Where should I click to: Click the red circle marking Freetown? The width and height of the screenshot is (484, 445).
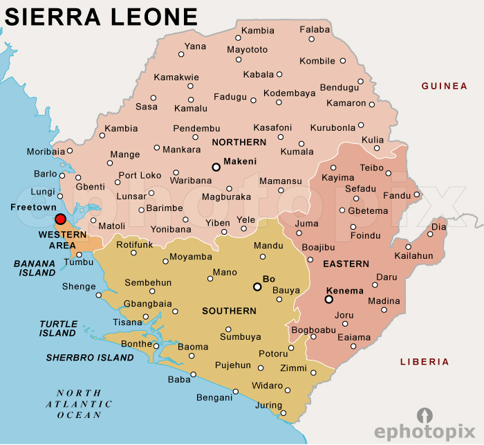click(60, 219)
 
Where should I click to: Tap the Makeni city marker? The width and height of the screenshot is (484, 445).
click(216, 167)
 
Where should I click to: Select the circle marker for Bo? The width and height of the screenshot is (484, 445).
click(257, 287)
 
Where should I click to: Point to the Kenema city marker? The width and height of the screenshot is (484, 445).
click(328, 300)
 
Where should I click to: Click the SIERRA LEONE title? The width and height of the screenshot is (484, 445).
click(101, 17)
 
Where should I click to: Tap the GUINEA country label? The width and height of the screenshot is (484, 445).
click(445, 87)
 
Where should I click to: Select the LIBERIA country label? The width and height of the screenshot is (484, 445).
click(425, 362)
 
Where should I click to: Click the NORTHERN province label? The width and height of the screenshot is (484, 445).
click(239, 143)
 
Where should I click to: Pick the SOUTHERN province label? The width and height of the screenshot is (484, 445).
click(229, 311)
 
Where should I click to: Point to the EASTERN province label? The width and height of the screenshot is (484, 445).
click(346, 264)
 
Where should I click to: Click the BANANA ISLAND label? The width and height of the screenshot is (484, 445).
click(35, 268)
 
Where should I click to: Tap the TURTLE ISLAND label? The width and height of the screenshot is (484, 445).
click(57, 328)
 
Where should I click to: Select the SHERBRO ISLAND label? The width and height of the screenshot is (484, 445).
click(90, 358)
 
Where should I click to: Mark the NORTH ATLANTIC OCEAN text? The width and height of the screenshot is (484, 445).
click(80, 404)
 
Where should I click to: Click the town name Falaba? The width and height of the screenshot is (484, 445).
click(315, 30)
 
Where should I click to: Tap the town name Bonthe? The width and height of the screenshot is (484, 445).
click(136, 344)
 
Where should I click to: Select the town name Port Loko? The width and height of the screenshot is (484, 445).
click(140, 175)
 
